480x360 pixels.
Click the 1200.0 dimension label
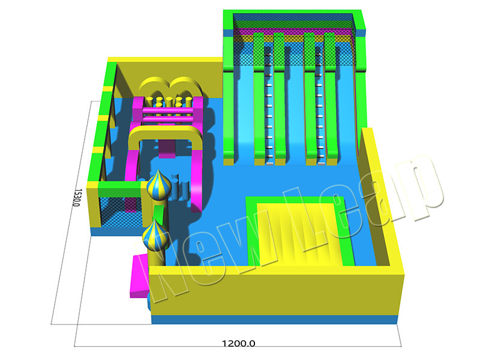coord(238,343)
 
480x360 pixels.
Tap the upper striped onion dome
coord(158,185)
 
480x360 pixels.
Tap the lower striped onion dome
coord(155,235)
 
